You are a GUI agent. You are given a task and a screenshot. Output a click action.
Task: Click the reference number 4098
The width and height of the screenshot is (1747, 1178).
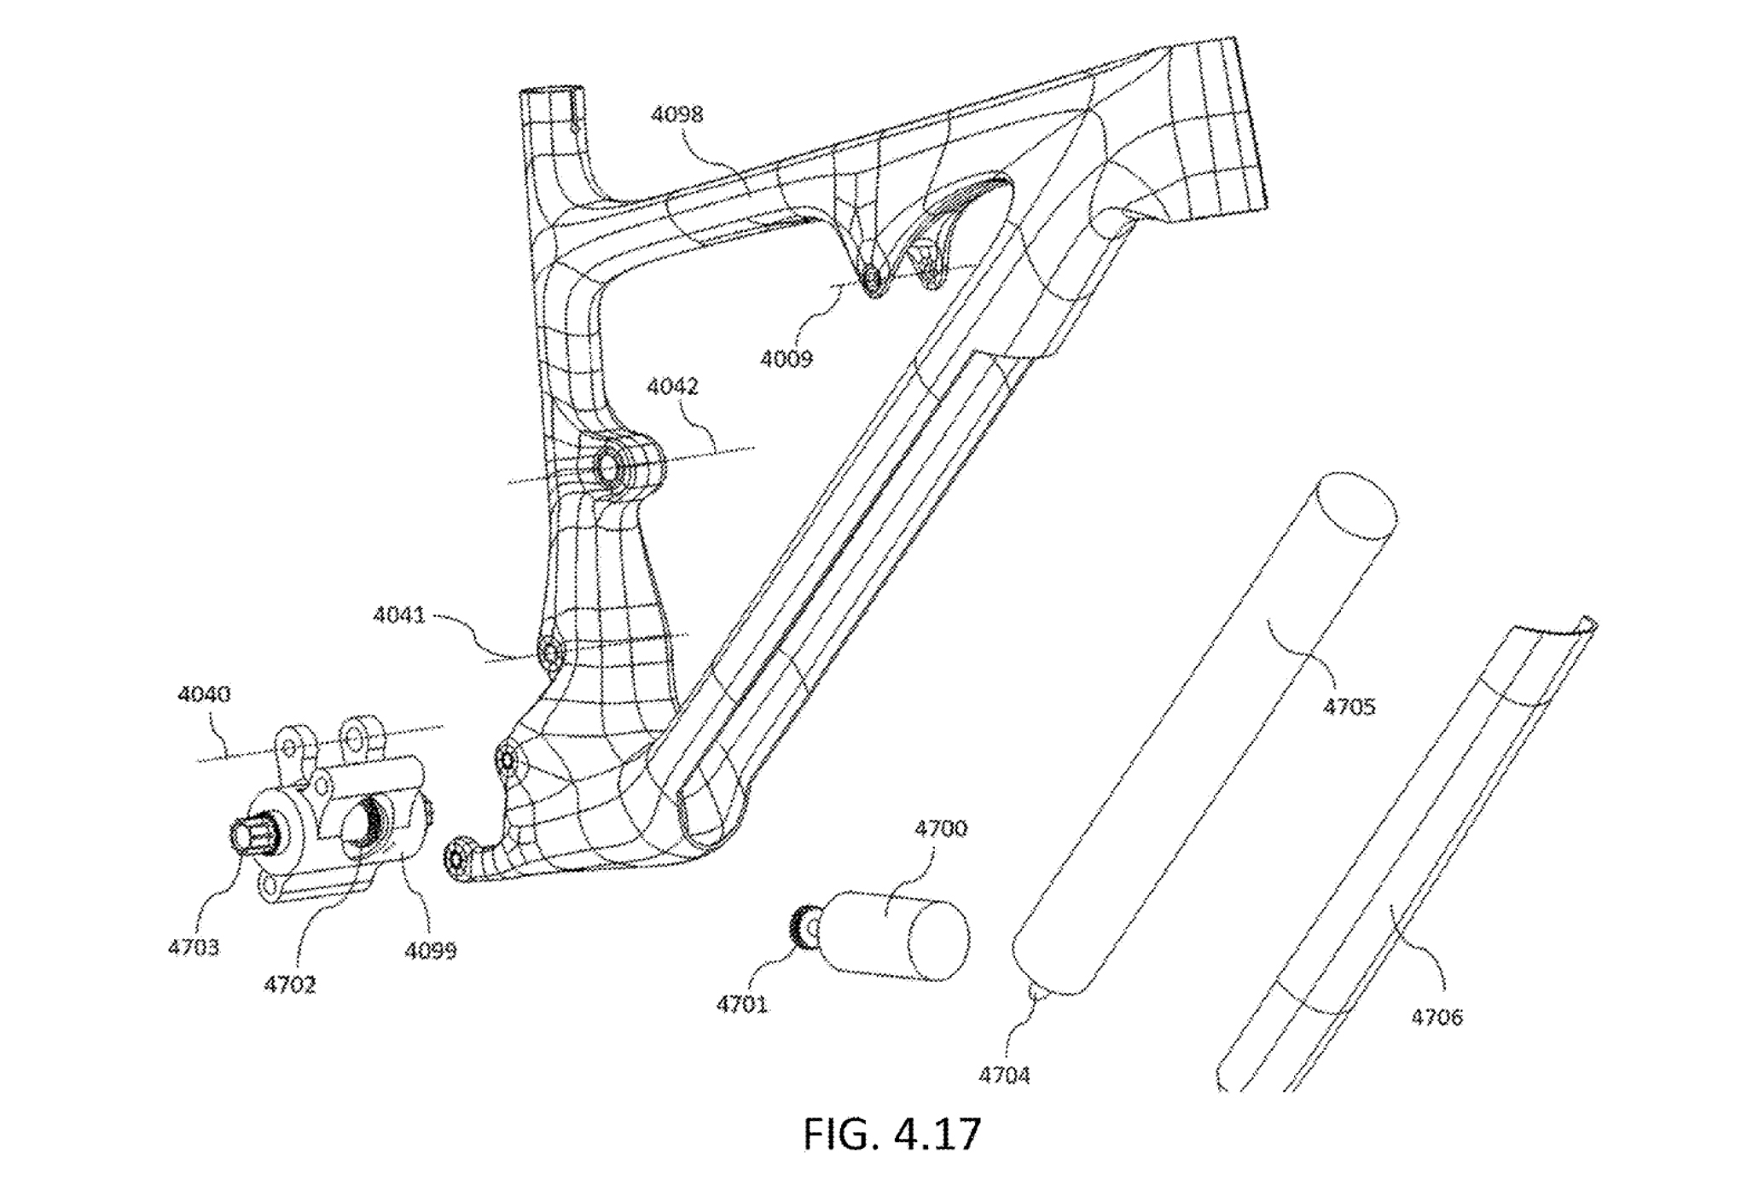click(x=676, y=114)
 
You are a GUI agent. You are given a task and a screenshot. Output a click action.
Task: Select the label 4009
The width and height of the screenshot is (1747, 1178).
click(x=786, y=358)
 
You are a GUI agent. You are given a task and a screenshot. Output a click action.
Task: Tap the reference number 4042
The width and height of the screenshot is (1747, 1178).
click(x=672, y=386)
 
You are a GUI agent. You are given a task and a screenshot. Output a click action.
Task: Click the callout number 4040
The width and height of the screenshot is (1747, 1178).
click(x=204, y=694)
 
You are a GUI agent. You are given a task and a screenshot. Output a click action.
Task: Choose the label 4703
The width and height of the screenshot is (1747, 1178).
click(x=194, y=948)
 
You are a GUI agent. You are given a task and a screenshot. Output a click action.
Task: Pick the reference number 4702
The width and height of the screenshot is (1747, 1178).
click(x=290, y=985)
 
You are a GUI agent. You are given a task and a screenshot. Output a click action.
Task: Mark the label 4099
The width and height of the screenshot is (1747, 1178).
click(x=431, y=950)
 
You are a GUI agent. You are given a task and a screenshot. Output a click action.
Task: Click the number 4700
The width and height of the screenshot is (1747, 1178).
click(x=941, y=828)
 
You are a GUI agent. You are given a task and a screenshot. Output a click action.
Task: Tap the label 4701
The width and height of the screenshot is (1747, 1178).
click(x=742, y=1005)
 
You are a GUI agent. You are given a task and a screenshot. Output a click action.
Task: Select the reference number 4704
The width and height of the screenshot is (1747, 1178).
click(x=1004, y=1076)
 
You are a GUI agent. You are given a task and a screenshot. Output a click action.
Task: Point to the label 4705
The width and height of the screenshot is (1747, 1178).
click(x=1349, y=706)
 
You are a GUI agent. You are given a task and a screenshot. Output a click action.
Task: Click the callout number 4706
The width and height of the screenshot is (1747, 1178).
click(x=1436, y=1017)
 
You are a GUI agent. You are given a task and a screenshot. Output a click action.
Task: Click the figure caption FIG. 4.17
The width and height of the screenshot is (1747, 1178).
click(x=892, y=1134)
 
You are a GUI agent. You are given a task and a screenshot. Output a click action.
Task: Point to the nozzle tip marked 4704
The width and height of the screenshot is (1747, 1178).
click(x=1037, y=993)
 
